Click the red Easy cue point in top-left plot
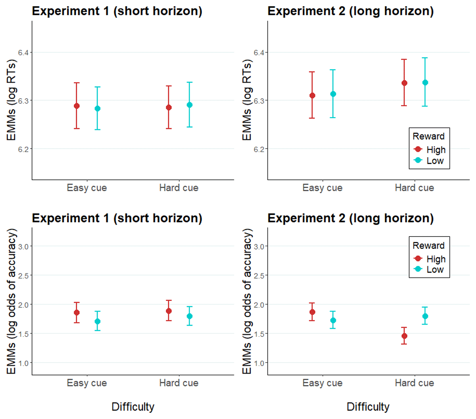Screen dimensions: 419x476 tap(77, 106)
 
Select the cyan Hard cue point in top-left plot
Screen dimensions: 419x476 tap(190, 105)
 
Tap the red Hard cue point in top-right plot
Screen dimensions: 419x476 tap(404, 83)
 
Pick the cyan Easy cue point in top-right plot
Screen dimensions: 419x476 tap(333, 94)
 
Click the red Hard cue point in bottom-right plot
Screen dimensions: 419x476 tap(404, 336)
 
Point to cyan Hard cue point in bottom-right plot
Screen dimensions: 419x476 tap(425, 316)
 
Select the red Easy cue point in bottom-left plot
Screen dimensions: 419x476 tap(77, 313)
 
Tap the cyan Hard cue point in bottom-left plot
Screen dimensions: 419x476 tap(190, 316)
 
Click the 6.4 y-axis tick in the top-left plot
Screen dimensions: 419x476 tap(23, 52)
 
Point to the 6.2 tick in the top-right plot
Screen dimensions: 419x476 tap(259, 149)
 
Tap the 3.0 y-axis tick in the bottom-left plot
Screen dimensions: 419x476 tap(23, 246)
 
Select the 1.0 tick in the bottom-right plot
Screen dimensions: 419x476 tap(259, 363)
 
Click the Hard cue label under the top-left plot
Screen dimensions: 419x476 tap(178, 188)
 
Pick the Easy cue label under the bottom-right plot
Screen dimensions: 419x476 tap(322, 383)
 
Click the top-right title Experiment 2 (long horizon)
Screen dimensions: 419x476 tap(351, 11)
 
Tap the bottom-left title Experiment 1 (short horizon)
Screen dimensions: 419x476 tap(117, 218)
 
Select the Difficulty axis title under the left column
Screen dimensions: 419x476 tap(133, 407)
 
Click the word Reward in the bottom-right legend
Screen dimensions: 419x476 tap(428, 246)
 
